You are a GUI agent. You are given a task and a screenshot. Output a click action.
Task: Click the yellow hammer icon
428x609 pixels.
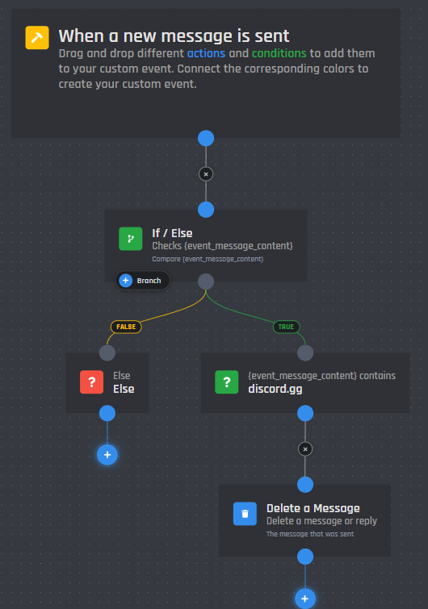(37, 38)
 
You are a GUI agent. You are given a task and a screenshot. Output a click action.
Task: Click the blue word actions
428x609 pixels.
(206, 53)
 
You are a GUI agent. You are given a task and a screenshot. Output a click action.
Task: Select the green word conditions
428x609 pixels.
(279, 53)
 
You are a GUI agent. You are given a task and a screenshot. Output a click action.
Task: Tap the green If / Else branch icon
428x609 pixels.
(130, 239)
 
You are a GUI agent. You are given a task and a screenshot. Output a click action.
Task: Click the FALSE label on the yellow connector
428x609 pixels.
(126, 327)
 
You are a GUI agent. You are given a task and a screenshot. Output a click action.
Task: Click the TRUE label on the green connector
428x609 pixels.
(286, 327)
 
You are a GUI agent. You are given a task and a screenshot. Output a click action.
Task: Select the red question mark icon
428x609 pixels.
(92, 382)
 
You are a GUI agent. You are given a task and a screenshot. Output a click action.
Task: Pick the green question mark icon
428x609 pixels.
(227, 382)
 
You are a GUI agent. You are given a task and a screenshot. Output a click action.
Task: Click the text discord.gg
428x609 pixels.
(275, 389)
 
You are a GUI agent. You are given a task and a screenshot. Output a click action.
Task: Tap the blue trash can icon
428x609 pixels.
(245, 514)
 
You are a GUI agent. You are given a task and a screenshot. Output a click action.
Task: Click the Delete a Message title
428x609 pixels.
(313, 508)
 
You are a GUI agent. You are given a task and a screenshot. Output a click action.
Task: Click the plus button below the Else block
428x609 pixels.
(107, 455)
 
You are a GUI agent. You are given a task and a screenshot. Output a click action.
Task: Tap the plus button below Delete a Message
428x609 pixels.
(305, 599)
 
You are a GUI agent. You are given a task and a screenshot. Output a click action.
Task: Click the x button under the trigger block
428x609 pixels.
(206, 174)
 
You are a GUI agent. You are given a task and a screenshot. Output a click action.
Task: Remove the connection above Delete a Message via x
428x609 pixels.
(305, 449)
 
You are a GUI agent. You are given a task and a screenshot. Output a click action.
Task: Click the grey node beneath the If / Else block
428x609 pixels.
(206, 282)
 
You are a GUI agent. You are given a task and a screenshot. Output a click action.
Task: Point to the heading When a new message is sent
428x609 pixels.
(174, 36)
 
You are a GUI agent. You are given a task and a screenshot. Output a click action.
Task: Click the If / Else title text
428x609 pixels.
(172, 233)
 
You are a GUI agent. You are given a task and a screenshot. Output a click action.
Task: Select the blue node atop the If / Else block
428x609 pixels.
(206, 210)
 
